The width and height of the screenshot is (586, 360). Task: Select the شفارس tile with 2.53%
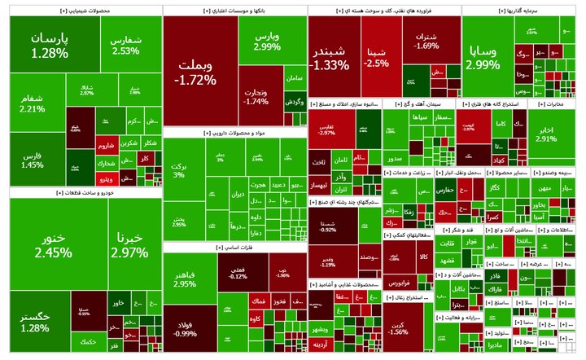tap(126, 45)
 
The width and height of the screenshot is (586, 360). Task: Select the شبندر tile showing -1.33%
tap(330, 57)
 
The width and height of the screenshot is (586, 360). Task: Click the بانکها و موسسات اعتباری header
tap(234, 11)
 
